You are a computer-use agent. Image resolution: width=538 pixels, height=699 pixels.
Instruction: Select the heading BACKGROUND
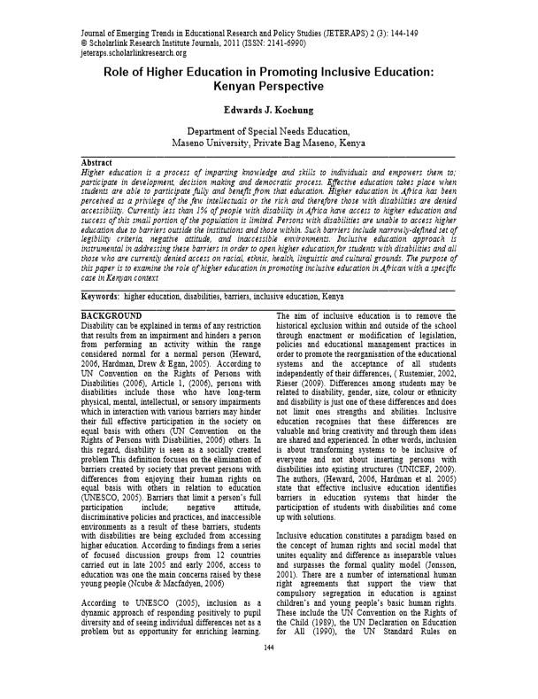pyautogui.click(x=111, y=315)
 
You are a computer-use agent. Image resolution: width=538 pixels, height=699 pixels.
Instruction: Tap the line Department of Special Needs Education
pyautogui.click(x=268, y=131)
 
